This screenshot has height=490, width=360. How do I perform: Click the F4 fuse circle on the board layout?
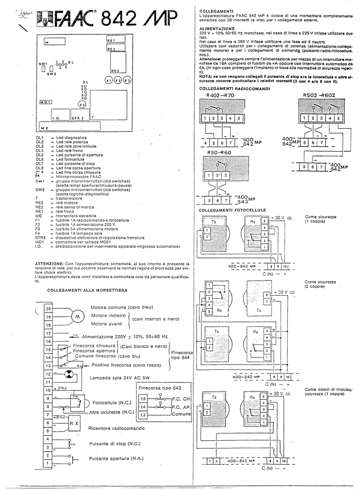tap(82, 104)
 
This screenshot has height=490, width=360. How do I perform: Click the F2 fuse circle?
tap(118, 81)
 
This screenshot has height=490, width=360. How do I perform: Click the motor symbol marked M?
tap(77, 317)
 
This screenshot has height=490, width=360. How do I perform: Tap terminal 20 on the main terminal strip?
tap(48, 309)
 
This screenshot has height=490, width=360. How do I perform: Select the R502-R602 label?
tap(319, 95)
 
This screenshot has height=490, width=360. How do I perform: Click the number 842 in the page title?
tap(117, 21)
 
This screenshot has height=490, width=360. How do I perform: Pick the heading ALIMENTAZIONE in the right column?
tap(216, 29)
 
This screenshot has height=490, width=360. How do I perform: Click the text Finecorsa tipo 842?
tap(160, 388)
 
